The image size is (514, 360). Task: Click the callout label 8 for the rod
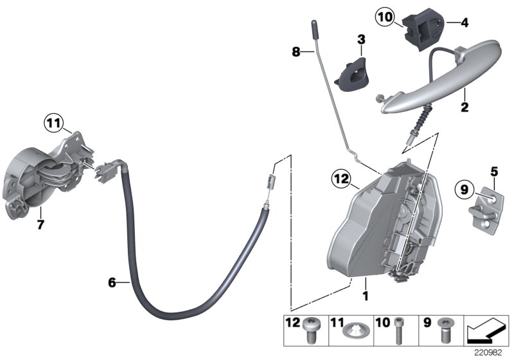[x=296, y=52]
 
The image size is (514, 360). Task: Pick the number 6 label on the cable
[x=112, y=282]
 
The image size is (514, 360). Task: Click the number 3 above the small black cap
[x=361, y=40]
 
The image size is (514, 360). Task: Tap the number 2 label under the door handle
[x=464, y=107]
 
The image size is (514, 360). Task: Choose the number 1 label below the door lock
[x=365, y=297]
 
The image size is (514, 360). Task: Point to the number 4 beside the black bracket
[x=465, y=22]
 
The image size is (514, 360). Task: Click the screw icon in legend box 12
[x=315, y=332]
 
